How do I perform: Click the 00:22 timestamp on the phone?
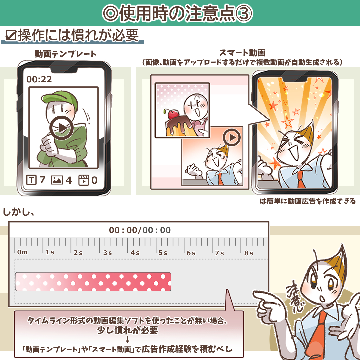[39, 79]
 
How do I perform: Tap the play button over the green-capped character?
[62, 128]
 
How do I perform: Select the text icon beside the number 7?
[31, 180]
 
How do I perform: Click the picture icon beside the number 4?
[57, 180]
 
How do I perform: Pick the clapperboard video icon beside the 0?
[84, 180]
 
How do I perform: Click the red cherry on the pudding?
[173, 114]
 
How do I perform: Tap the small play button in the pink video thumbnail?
[232, 137]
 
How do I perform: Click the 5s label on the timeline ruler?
[163, 253]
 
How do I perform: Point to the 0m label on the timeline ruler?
[22, 252]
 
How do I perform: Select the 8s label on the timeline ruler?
[249, 253]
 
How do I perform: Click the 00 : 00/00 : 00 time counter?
[140, 230]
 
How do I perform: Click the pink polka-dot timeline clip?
[93, 282]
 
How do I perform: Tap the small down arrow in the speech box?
[128, 339]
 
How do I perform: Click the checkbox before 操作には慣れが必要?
[11, 35]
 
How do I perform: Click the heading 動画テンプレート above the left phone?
[66, 54]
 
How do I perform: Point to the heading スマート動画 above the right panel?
[242, 53]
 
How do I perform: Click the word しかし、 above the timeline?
[19, 212]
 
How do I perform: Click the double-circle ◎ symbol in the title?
[111, 14]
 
